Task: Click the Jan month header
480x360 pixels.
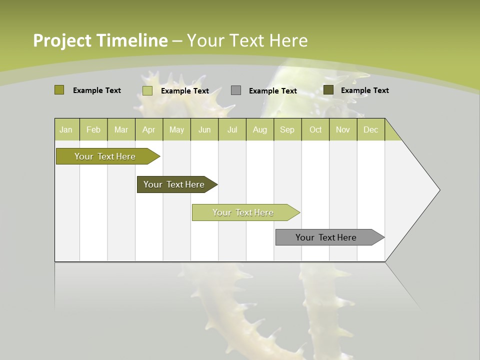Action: (x=66, y=129)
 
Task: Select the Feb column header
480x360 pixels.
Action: (x=93, y=129)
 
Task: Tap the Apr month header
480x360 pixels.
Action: (x=148, y=129)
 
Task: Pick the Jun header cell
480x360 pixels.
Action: (x=204, y=129)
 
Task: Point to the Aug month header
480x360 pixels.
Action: (x=259, y=129)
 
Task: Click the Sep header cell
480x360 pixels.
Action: (x=287, y=129)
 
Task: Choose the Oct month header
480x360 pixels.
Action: (x=315, y=129)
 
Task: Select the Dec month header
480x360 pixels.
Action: (x=370, y=129)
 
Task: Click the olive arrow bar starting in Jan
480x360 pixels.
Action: (x=105, y=156)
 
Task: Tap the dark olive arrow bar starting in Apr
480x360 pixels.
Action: (x=174, y=184)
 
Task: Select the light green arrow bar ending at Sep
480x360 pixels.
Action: (x=243, y=212)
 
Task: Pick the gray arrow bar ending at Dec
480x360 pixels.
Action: (x=326, y=237)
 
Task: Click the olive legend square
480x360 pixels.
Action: (x=59, y=90)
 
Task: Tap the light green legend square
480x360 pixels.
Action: (x=147, y=90)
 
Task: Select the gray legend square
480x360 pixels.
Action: (x=236, y=90)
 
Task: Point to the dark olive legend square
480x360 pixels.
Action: (x=328, y=90)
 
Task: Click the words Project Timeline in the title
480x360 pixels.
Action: (x=100, y=40)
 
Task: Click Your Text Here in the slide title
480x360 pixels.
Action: (x=247, y=40)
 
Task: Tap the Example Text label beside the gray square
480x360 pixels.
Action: (x=272, y=91)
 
